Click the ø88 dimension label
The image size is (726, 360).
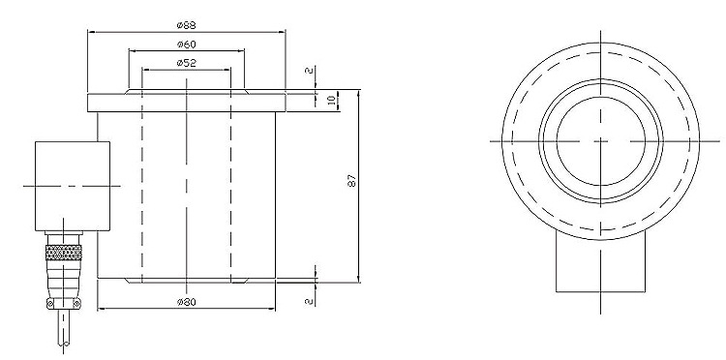(186, 25)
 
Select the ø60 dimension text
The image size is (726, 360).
(186, 45)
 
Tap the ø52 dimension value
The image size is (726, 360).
(186, 64)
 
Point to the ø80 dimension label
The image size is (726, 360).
(186, 302)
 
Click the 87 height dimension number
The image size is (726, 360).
(352, 180)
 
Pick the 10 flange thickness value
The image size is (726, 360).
(331, 100)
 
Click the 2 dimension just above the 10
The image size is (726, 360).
(310, 71)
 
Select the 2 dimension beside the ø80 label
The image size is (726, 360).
(310, 301)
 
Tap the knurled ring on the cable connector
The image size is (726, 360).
(64, 253)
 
